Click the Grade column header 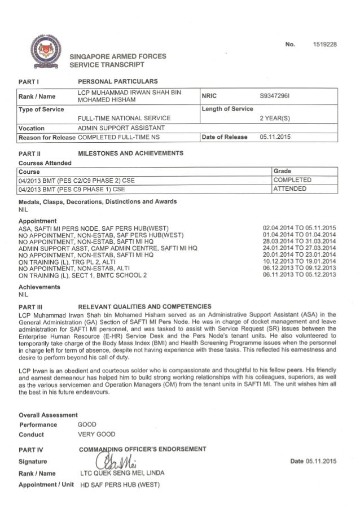(282, 171)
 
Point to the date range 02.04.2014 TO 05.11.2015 (299, 228)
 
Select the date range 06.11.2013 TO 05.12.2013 (299, 275)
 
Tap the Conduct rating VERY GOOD (96, 434)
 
